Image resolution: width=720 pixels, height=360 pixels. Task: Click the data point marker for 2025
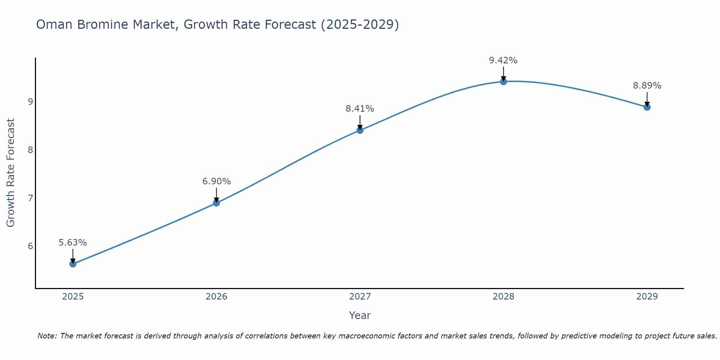coord(73,264)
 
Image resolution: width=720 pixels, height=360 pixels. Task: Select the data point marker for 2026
coord(216,203)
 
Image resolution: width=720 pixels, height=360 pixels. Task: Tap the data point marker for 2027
coord(360,130)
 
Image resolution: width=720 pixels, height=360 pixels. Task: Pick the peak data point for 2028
coord(503,82)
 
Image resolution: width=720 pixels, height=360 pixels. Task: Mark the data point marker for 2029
coord(647,107)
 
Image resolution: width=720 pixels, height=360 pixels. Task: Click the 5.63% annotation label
coord(73,243)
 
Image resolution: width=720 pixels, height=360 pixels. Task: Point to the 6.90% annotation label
coord(216,181)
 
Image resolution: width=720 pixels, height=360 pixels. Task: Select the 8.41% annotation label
coord(360,108)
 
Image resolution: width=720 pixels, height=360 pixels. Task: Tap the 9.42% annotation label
coord(503,60)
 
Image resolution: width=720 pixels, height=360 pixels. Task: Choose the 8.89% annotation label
coord(647,86)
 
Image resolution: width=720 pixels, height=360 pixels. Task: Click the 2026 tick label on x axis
coord(216,297)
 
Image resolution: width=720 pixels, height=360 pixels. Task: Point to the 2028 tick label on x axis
coord(503,297)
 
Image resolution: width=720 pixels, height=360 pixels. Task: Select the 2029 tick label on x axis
coord(647,297)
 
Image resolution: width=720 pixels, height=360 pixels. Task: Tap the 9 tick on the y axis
coord(30,102)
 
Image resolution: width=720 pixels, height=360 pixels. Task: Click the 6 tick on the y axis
coord(30,246)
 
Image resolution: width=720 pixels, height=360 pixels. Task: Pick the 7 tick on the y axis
coord(30,198)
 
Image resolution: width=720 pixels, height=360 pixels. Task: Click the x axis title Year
coord(360,315)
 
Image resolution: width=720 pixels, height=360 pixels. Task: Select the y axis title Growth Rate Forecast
coord(11,173)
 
